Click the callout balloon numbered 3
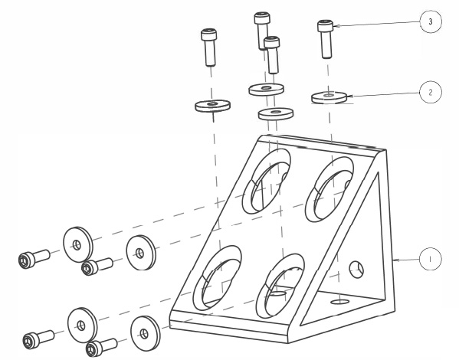(431, 21)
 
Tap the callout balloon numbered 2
(431, 92)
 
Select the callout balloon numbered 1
(431, 259)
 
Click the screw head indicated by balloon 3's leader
(325, 26)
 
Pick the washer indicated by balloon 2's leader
(329, 97)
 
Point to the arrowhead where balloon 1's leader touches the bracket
(395, 260)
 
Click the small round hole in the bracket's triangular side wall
(356, 270)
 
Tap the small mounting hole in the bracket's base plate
(340, 302)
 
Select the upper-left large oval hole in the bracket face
(267, 182)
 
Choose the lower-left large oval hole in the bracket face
(217, 278)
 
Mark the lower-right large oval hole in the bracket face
(280, 286)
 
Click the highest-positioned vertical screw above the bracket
(262, 31)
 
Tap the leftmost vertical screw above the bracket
(209, 47)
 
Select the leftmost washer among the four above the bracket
(212, 106)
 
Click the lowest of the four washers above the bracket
(275, 114)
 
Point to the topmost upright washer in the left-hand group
(78, 244)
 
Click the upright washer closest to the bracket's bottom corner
(145, 334)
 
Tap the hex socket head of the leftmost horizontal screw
(26, 260)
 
